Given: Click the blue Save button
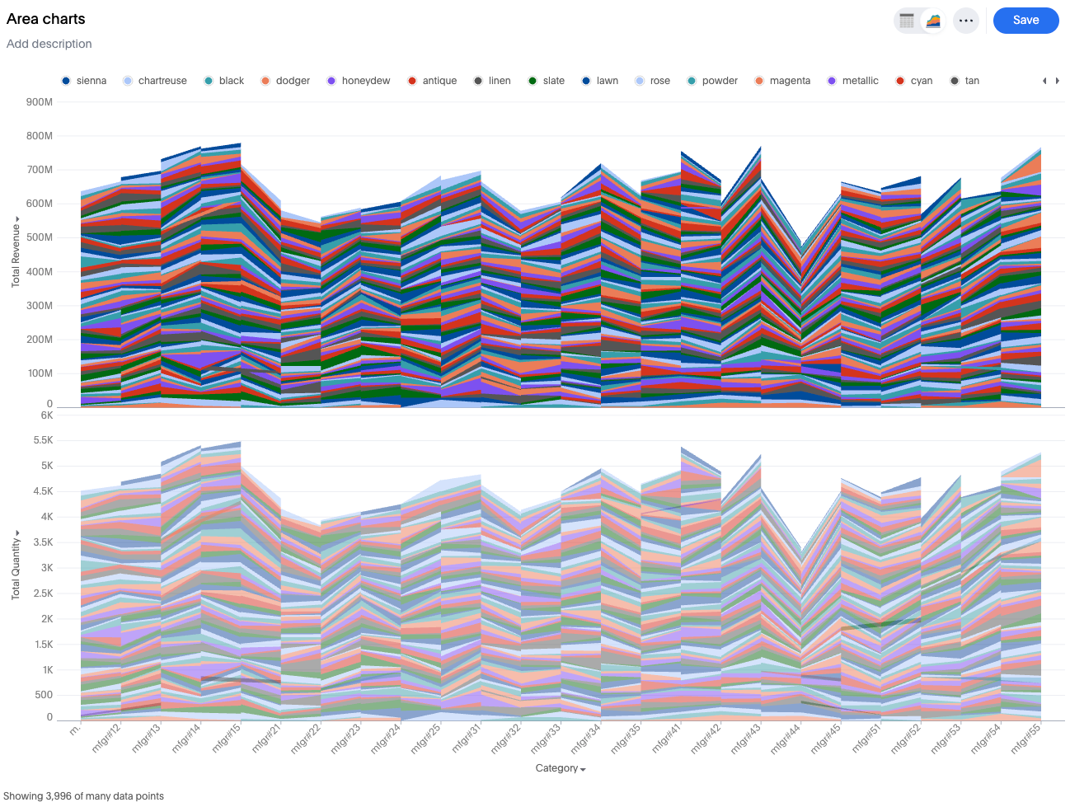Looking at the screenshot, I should point(1025,21).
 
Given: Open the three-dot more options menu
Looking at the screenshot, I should point(966,21).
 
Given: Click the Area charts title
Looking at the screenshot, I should point(46,19).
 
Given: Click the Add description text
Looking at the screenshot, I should point(49,44).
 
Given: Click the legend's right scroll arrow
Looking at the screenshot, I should point(1058,81).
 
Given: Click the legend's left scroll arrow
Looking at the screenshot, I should point(1044,81).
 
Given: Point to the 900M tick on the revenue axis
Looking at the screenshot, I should point(40,102).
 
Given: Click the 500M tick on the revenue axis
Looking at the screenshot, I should point(40,237).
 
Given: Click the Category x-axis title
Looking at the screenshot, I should point(560,768).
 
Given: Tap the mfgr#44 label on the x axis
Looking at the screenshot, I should point(785,739).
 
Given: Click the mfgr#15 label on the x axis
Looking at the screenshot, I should point(226,738).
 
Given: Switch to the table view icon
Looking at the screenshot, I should point(907,21).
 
